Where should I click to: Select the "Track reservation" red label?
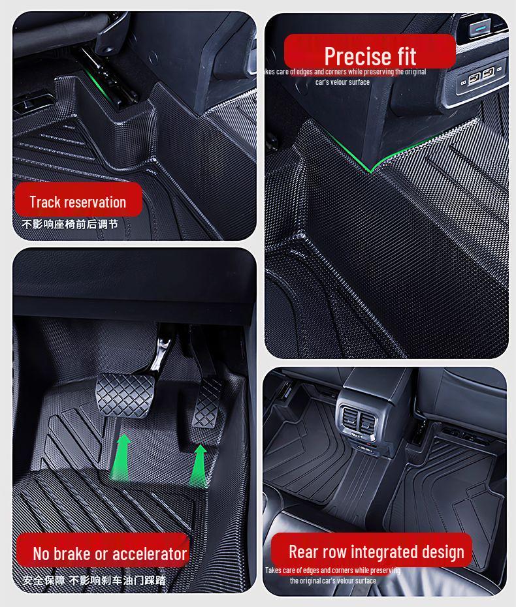(x=78, y=202)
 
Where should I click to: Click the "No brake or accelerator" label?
(x=110, y=554)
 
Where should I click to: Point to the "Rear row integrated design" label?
(x=376, y=552)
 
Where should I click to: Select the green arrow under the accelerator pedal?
(x=199, y=464)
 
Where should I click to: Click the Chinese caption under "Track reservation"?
(x=70, y=225)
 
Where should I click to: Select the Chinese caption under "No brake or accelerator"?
(x=94, y=580)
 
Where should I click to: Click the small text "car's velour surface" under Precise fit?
(x=342, y=82)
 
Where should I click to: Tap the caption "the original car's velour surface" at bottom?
(x=333, y=580)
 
